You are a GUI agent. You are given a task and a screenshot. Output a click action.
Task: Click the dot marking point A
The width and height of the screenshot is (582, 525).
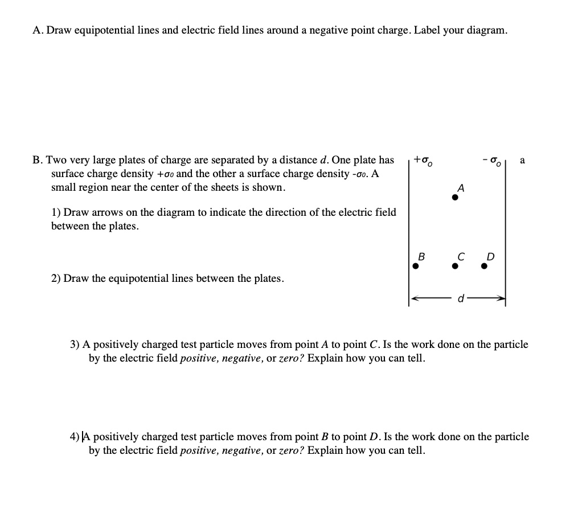pos(454,198)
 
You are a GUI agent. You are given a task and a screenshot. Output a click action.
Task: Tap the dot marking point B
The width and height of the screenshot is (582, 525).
pos(416,265)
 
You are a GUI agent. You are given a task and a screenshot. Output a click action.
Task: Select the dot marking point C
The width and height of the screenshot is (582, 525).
pos(454,265)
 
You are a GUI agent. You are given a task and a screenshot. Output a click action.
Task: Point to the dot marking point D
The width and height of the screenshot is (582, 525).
pos(484,265)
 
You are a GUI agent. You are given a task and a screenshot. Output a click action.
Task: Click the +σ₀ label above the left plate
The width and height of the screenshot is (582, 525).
pos(424,161)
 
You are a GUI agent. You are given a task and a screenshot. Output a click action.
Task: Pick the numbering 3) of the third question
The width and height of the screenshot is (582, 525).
pos(75,344)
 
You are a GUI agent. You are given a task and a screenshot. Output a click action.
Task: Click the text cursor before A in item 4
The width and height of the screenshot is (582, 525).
pos(84,437)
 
